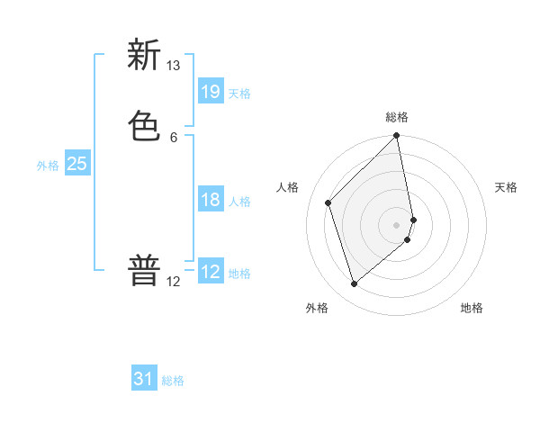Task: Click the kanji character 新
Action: [x=143, y=57]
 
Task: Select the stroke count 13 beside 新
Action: [x=173, y=66]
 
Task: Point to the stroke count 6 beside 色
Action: [x=173, y=137]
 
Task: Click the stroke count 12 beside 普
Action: [x=173, y=281]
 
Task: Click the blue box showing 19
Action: [x=211, y=91]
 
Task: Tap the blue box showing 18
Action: [x=211, y=200]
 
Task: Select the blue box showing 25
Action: [x=76, y=164]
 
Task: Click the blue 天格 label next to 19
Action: [x=239, y=94]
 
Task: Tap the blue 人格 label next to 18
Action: [x=239, y=202]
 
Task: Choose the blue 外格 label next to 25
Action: [x=48, y=166]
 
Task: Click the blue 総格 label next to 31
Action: [x=173, y=381]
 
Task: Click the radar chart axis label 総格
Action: [x=397, y=117]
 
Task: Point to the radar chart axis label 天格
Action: [x=506, y=187]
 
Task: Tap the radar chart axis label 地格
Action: [x=472, y=308]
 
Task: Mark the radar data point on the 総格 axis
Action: [x=397, y=137]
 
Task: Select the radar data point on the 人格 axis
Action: [x=328, y=202]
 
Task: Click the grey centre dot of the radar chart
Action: [x=397, y=224]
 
